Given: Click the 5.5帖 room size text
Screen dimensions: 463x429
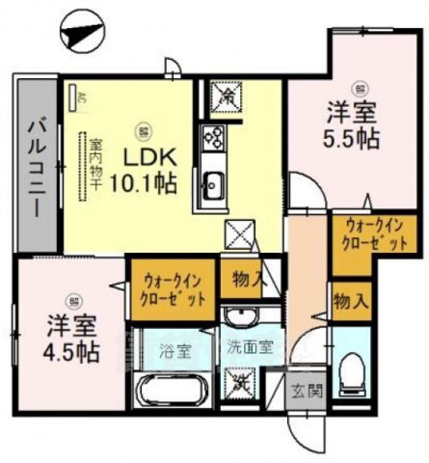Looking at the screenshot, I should coord(354,137).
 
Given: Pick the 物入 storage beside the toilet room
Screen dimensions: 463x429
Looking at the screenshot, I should coord(350,300).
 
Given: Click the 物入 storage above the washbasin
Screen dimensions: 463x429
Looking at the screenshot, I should coord(249,281).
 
